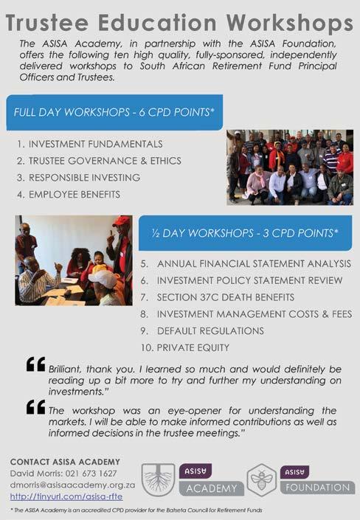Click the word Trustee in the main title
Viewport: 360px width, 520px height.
47,23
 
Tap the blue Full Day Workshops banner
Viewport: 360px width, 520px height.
114,112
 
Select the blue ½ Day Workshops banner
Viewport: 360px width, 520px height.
245,233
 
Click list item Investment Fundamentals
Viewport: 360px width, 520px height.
90,144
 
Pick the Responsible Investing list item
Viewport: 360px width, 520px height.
79,178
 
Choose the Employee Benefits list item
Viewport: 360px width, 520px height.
69,194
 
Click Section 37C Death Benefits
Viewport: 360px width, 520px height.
218,297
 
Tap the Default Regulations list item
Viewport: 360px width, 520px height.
202,330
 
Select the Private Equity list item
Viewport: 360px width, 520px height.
185,347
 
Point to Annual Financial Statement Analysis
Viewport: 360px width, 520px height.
246,263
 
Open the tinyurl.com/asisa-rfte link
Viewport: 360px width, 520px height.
66,496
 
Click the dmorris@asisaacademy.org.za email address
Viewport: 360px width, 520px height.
72,485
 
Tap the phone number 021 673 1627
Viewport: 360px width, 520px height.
91,474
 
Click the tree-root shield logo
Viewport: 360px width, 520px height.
159,479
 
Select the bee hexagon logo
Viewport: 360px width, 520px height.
262,480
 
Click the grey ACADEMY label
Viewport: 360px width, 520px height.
212,488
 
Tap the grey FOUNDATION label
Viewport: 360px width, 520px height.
317,488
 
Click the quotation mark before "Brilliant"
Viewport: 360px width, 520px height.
36,364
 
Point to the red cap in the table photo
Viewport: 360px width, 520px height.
122,221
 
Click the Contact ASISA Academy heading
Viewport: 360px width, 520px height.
65,462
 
